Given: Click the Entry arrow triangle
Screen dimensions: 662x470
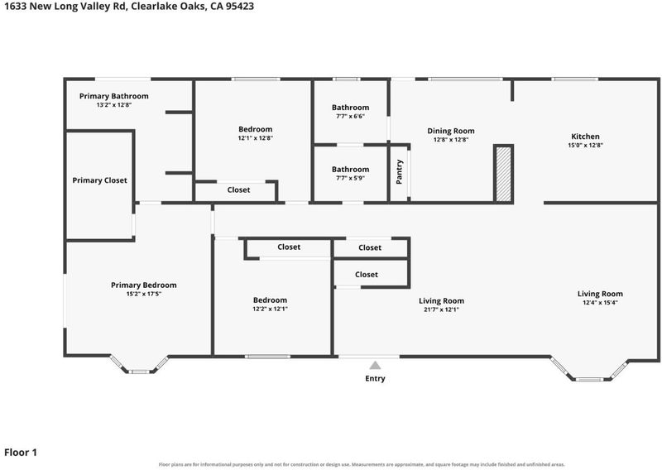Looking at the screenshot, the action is (x=375, y=365).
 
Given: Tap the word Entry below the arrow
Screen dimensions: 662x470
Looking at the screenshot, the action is (x=376, y=378).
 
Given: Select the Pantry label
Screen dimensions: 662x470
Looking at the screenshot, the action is (x=400, y=172).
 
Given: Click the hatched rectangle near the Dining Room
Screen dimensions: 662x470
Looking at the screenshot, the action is (x=503, y=174).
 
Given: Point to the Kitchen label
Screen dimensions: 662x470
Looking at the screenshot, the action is (x=585, y=137).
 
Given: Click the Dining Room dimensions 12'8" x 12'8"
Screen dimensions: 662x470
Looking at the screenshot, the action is (x=451, y=140).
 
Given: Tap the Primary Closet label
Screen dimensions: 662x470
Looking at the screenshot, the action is (x=99, y=180).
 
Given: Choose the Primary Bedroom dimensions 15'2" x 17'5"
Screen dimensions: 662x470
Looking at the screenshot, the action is (x=143, y=294).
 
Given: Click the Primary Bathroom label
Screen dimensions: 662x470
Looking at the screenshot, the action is (x=114, y=96).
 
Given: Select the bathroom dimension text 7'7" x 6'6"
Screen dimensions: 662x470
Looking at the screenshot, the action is (x=350, y=116).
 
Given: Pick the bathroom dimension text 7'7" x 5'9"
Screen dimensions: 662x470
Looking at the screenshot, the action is (x=350, y=178).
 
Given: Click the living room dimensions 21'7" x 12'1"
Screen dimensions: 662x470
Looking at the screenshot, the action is (x=441, y=309).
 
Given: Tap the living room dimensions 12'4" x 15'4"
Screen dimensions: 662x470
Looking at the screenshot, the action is (x=600, y=302).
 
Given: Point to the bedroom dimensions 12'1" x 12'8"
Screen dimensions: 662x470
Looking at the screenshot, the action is (x=256, y=138).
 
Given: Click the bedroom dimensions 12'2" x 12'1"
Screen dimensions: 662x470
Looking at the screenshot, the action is (x=271, y=309).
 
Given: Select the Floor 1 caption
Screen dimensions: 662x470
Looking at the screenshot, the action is (x=21, y=453).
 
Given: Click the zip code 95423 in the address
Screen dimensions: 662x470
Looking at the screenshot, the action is (x=240, y=7).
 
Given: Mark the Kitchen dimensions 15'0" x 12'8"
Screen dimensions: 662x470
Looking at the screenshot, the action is (x=585, y=146).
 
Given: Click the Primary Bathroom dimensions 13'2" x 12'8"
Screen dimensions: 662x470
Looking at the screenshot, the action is (x=114, y=105).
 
